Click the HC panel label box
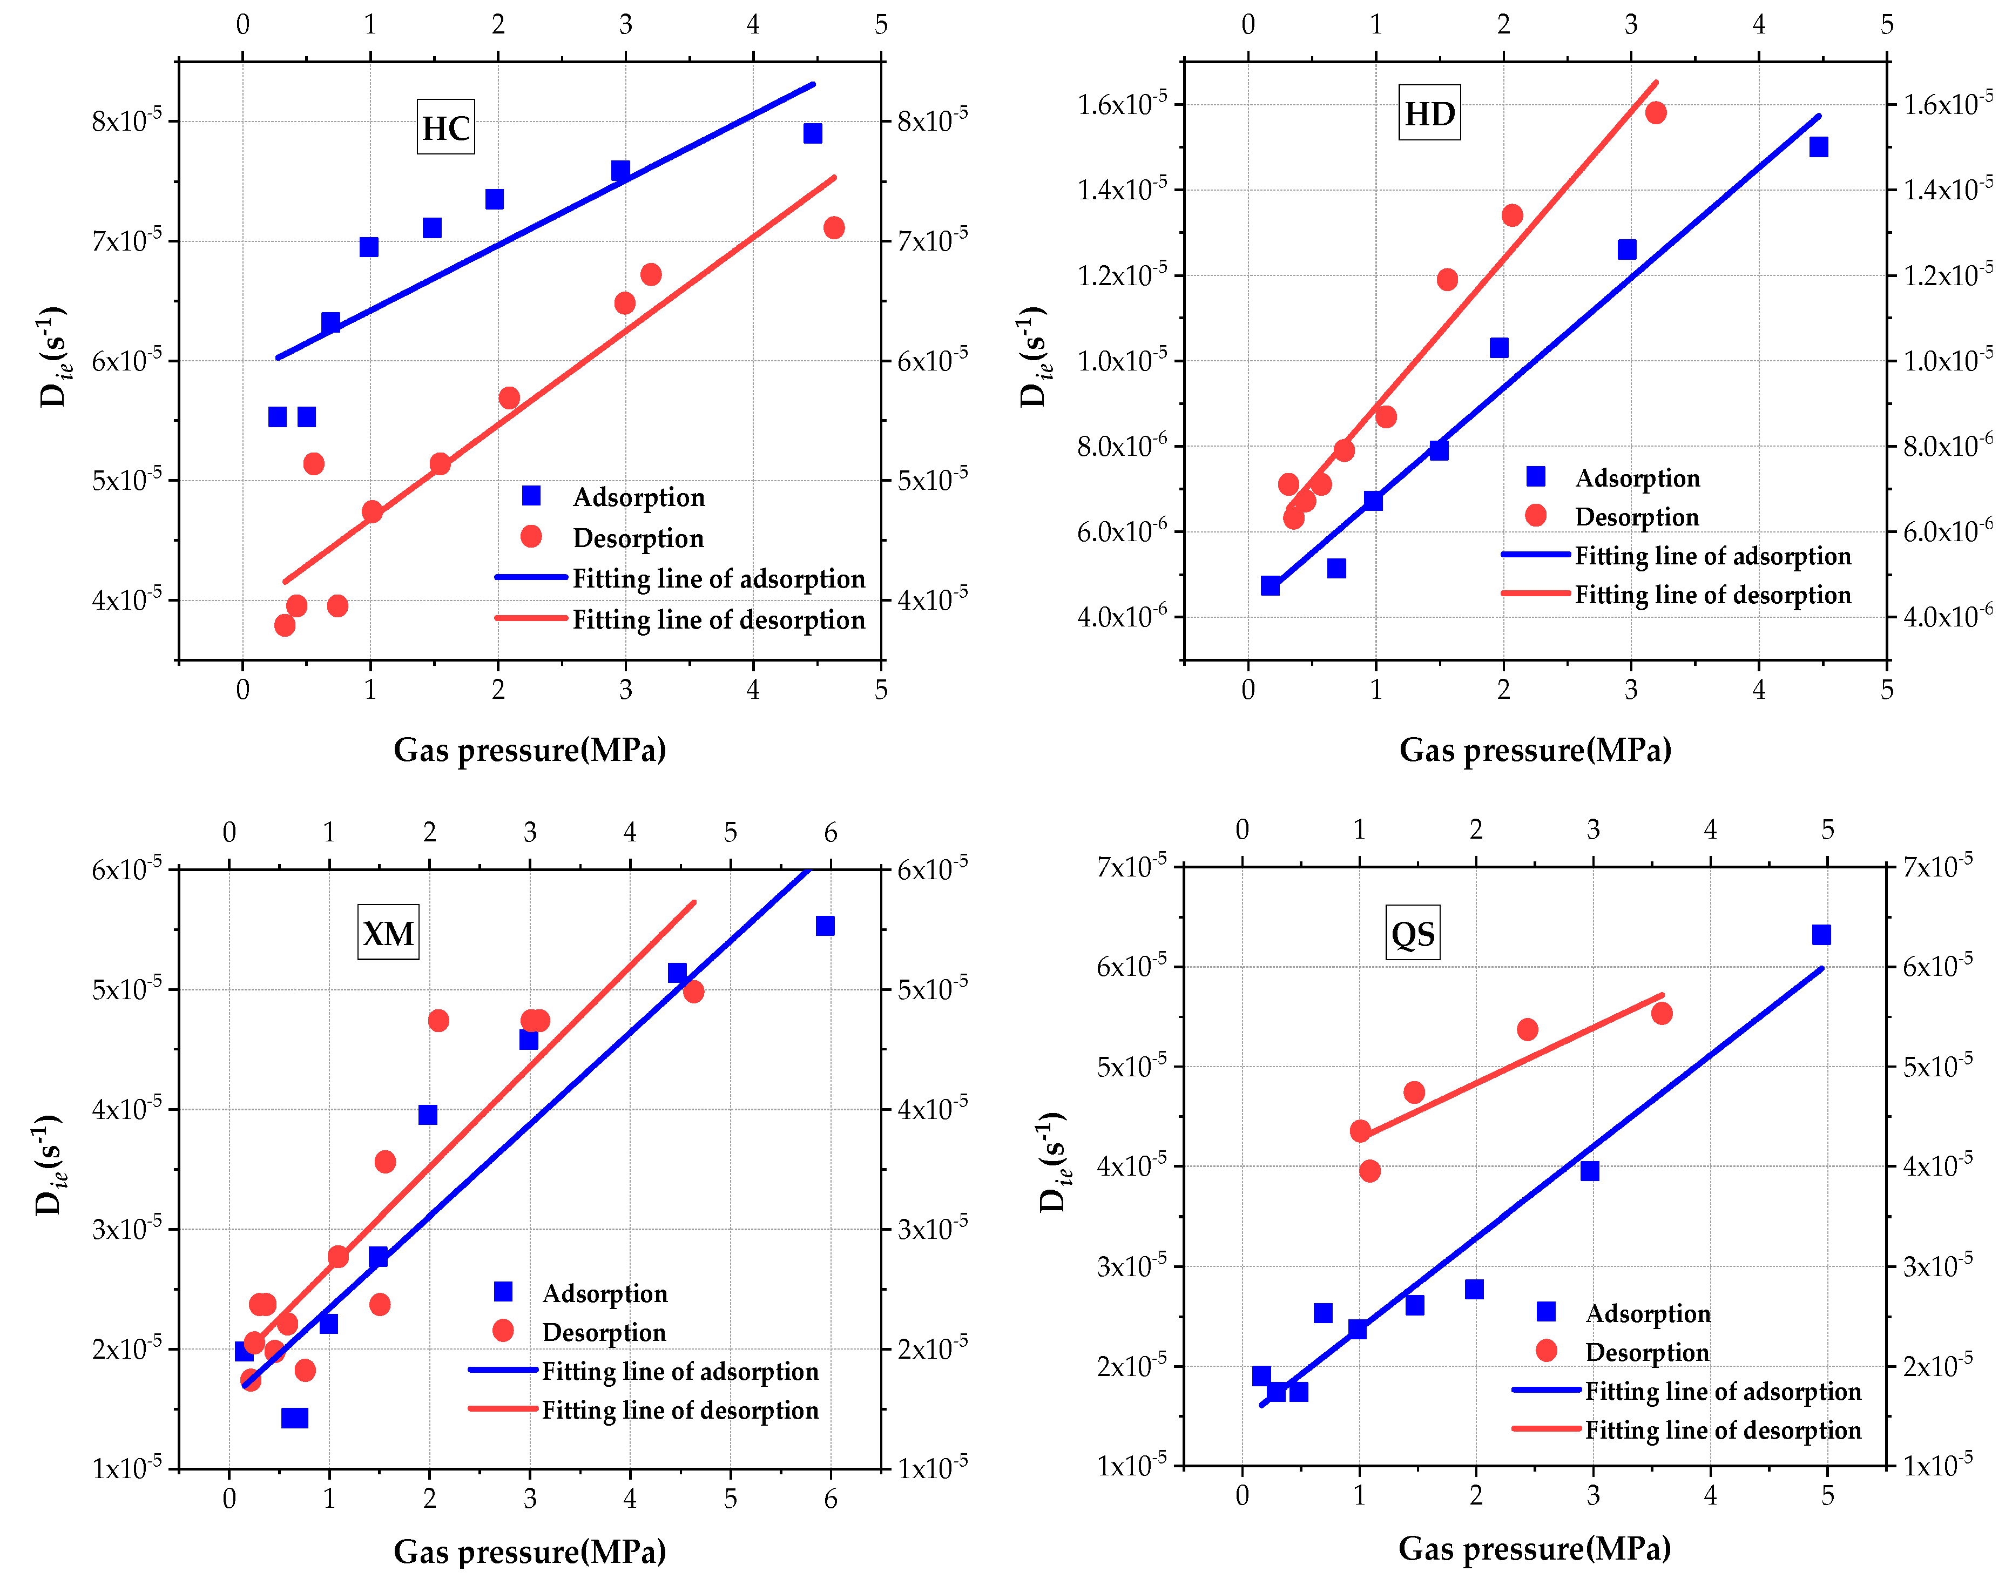point(445,127)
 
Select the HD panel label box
point(1429,113)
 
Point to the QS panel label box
point(1413,933)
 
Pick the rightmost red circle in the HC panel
point(833,227)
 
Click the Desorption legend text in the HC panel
point(638,538)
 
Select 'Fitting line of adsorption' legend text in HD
point(1712,556)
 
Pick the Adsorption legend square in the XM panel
point(503,1292)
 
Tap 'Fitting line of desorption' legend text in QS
point(1723,1430)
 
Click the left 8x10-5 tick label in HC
point(126,120)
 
